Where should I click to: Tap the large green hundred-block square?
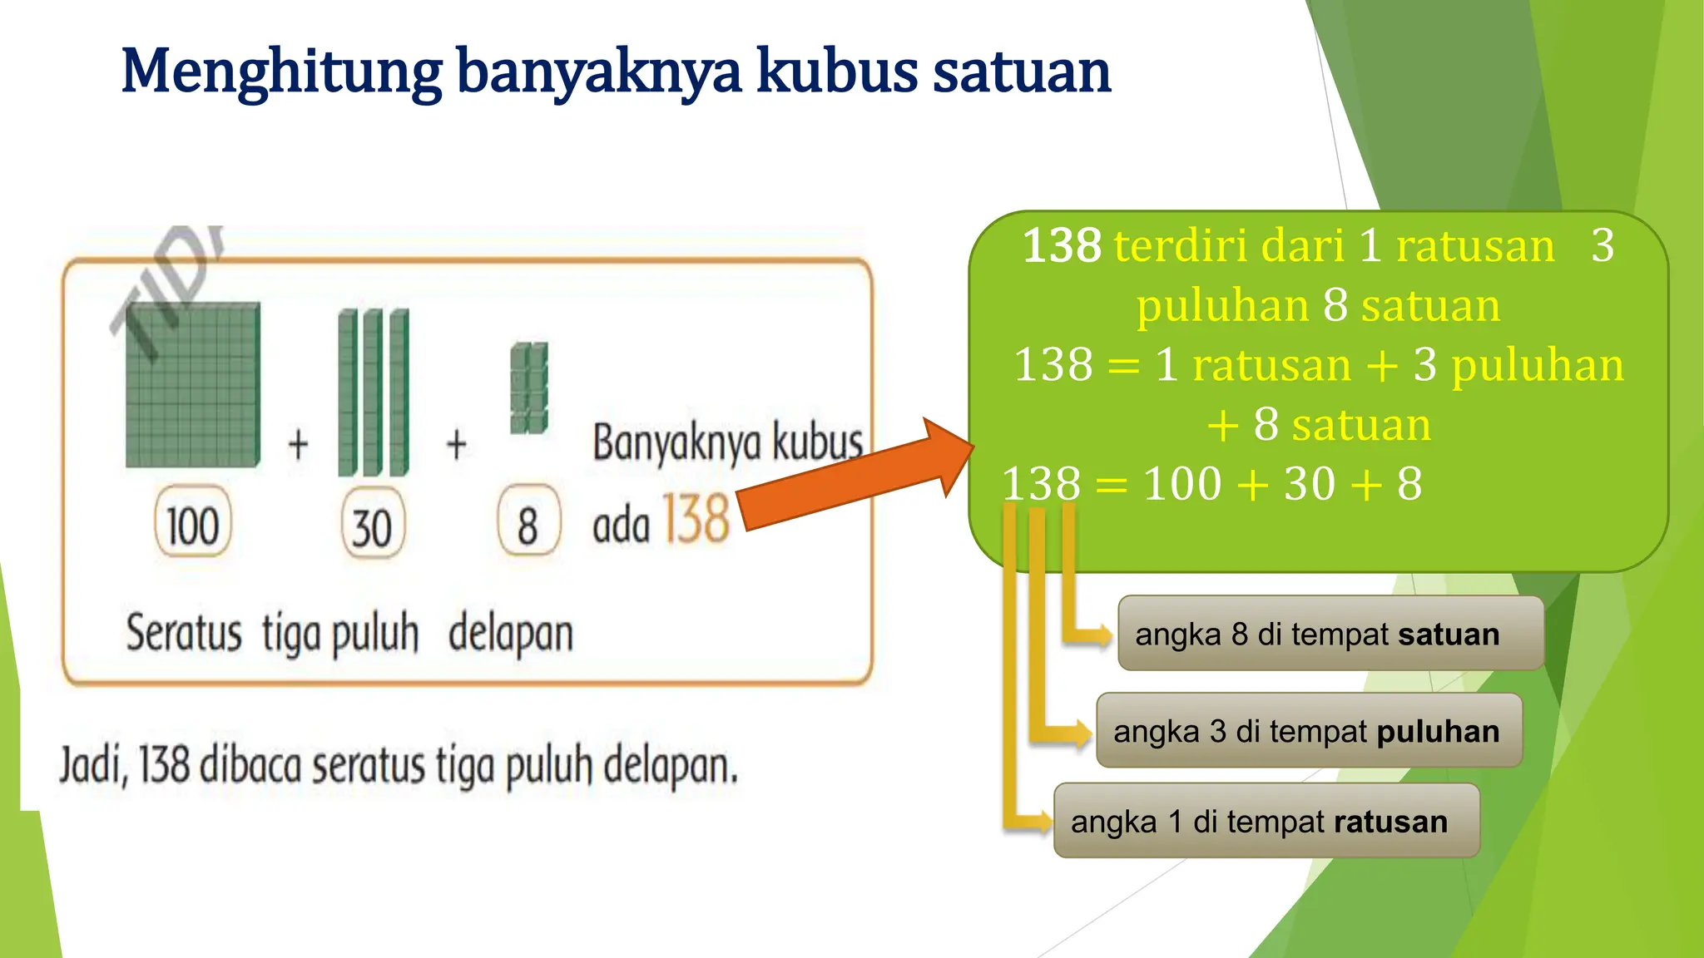point(193,384)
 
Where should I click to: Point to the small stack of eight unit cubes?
point(528,388)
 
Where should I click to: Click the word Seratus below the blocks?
point(184,634)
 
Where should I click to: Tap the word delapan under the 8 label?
point(510,634)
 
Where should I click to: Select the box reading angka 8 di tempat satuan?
point(1330,634)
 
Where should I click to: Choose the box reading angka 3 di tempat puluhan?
point(1308,731)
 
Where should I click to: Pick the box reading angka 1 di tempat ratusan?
point(1266,822)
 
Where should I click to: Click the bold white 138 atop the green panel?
point(1061,246)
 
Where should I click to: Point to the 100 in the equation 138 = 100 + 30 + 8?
point(1181,484)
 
